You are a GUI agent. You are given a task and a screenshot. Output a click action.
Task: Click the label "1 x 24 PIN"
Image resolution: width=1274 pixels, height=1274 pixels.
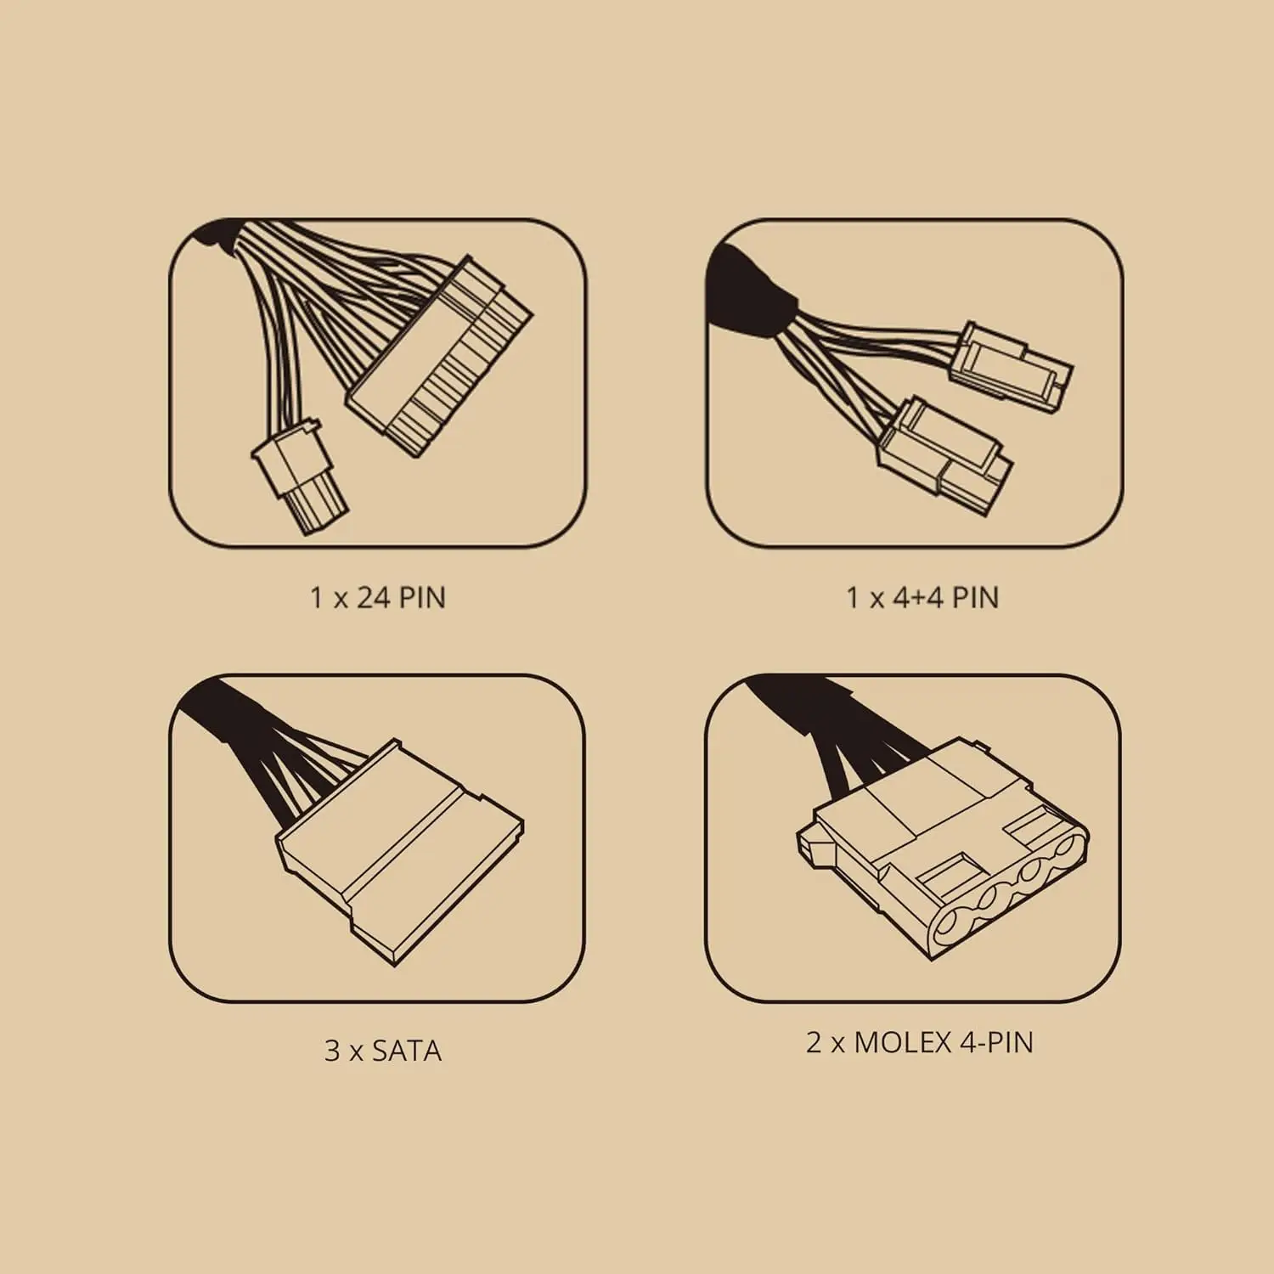click(378, 598)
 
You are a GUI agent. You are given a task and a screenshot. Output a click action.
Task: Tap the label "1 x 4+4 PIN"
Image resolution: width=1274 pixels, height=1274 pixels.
click(922, 598)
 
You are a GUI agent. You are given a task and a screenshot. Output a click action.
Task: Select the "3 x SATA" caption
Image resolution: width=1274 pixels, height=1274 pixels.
click(383, 1051)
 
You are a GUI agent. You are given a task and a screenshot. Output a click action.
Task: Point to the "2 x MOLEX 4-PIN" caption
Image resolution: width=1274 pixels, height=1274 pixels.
click(920, 1042)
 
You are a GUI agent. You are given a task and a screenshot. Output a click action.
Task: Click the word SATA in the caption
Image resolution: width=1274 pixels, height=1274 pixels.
click(407, 1051)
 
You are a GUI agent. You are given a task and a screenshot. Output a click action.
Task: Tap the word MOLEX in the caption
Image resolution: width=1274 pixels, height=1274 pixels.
click(902, 1042)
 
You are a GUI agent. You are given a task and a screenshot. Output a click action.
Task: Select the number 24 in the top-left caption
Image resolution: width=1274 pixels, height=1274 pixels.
click(373, 598)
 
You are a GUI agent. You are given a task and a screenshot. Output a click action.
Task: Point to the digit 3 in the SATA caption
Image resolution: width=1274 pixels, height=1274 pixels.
click(332, 1051)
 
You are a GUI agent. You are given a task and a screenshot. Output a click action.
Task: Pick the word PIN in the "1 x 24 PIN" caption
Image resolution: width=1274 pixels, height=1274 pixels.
click(422, 598)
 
